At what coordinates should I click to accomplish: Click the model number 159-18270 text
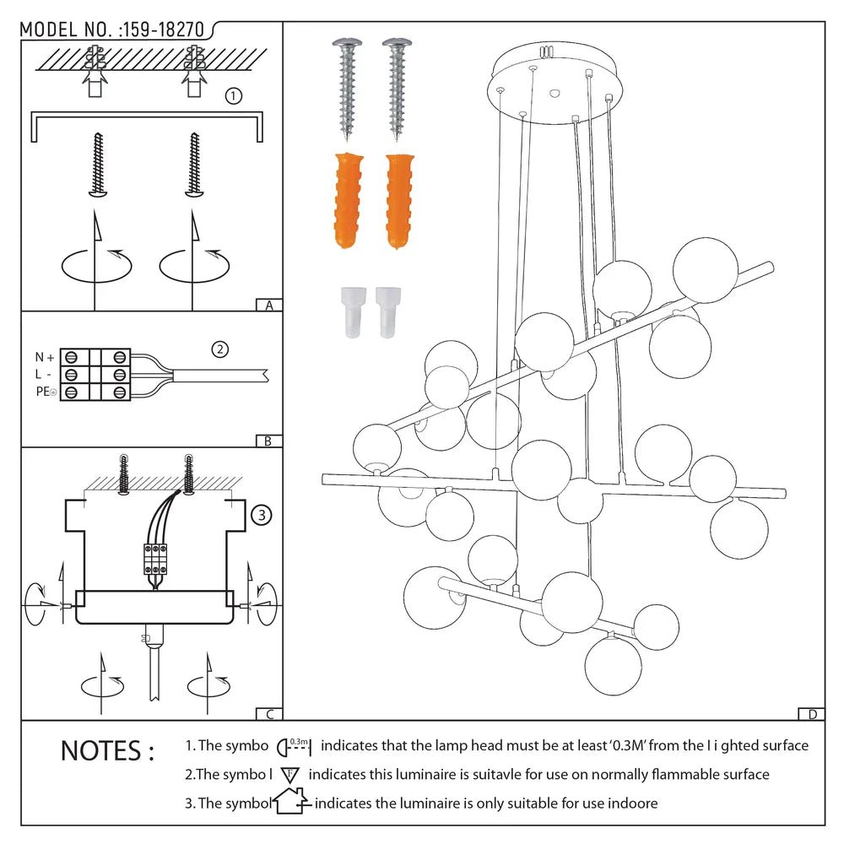tap(163, 30)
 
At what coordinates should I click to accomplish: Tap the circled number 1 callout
tap(234, 96)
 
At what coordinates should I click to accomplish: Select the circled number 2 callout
tap(220, 349)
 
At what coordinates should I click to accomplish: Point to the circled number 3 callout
tap(262, 514)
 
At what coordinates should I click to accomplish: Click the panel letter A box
tap(268, 306)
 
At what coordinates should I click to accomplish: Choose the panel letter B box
tap(268, 441)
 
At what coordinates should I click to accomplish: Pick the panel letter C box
tap(268, 714)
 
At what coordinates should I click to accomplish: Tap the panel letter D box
tap(811, 714)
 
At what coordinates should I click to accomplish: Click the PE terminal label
tap(44, 392)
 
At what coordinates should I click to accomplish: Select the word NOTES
tap(107, 750)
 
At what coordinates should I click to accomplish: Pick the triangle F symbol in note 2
tap(290, 775)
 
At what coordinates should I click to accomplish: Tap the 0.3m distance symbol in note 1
tap(295, 746)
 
